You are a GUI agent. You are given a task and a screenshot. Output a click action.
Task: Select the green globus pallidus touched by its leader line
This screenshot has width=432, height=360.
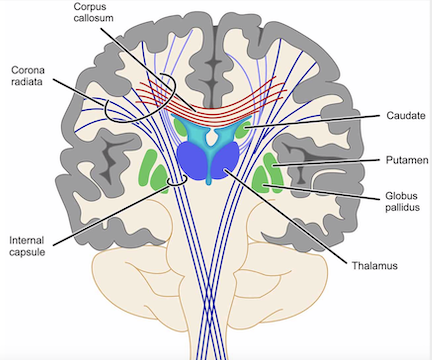tap(263, 180)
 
